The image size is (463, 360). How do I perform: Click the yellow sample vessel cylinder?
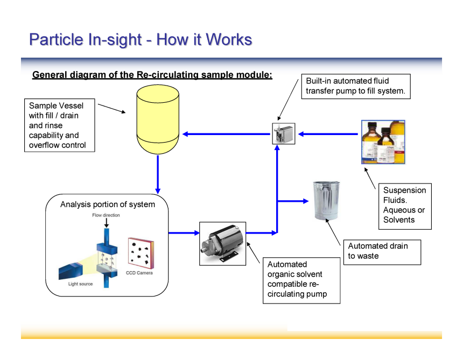(x=158, y=119)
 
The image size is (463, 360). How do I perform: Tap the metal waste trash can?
(x=326, y=201)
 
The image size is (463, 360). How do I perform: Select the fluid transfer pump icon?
(x=284, y=133)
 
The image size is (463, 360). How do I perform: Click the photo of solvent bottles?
(x=383, y=142)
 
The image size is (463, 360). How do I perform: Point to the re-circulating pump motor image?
(x=223, y=244)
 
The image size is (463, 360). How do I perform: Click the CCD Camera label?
(x=139, y=273)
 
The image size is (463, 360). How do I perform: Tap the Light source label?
(x=80, y=284)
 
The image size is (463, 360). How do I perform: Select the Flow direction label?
(x=106, y=215)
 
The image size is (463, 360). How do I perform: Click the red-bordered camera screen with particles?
(x=141, y=253)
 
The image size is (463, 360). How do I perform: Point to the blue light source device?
(x=71, y=270)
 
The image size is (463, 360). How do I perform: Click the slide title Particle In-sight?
(x=141, y=39)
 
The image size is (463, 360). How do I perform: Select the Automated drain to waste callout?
(x=382, y=252)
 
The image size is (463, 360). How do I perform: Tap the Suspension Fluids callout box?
(x=405, y=206)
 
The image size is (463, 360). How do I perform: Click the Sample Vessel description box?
(x=59, y=125)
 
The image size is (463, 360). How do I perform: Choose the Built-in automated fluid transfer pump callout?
(x=356, y=86)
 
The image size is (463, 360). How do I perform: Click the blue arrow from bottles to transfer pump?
(x=328, y=134)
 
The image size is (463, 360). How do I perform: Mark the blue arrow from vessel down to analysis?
(x=158, y=174)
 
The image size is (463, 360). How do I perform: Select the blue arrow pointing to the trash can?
(x=293, y=201)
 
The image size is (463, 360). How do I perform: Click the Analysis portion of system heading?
(x=108, y=204)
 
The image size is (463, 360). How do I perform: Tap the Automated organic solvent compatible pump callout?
(x=301, y=280)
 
